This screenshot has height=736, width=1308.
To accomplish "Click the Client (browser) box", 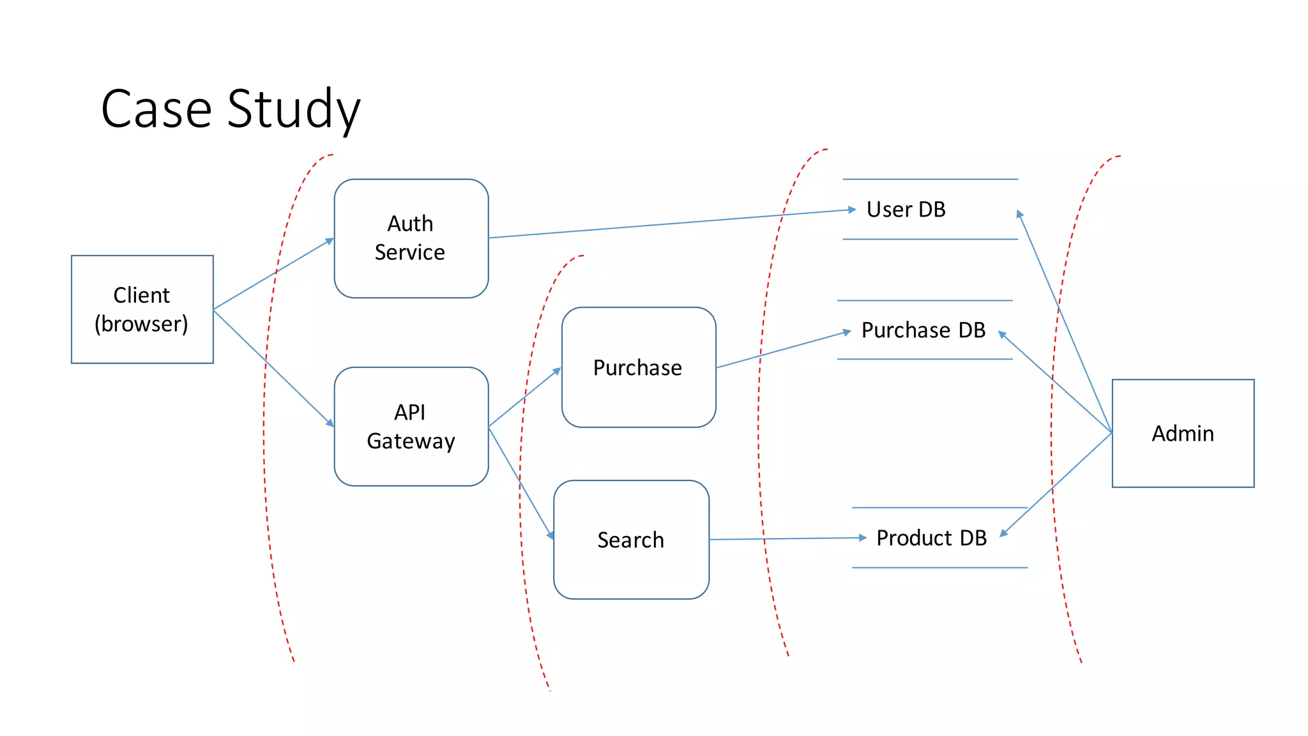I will [x=142, y=309].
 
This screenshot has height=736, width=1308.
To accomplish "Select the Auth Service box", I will [x=411, y=238].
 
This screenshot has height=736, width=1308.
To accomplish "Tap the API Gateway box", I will [x=411, y=426].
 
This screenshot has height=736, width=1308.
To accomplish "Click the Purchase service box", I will [x=638, y=367].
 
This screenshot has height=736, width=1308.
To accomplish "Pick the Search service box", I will [x=631, y=540].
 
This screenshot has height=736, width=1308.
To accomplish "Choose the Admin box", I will [x=1183, y=433].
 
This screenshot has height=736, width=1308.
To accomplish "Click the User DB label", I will [x=906, y=210].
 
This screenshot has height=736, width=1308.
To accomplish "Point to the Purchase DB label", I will [x=923, y=330].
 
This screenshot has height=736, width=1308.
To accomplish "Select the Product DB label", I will [x=931, y=538].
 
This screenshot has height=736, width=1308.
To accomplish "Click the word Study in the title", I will [x=294, y=109].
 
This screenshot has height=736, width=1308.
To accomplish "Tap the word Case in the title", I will [x=156, y=109].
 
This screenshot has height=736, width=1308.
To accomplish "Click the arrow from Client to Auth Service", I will [x=273, y=274].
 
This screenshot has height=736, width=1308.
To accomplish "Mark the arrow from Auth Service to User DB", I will [x=671, y=224].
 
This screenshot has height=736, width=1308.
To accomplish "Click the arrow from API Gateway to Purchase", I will [x=524, y=397].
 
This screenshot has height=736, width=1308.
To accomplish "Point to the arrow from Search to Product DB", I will [x=786, y=539].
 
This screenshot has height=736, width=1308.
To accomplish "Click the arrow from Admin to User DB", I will [x=1065, y=323].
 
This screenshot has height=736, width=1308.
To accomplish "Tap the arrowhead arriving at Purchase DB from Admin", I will [x=1002, y=334].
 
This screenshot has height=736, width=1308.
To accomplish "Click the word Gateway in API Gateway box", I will [x=411, y=441].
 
